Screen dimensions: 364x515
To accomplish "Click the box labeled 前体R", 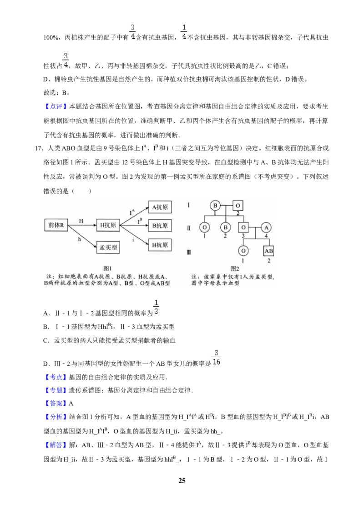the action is click(56, 225).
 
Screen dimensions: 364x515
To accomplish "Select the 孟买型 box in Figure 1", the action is click(108, 247).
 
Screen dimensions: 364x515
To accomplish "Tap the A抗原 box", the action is click(160, 207).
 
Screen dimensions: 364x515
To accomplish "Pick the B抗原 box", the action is click(160, 226).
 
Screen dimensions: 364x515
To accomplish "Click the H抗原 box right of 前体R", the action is click(108, 225).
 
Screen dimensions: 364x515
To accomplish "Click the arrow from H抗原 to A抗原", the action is click(134, 217).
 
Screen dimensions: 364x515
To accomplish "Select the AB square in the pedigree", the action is click(269, 251).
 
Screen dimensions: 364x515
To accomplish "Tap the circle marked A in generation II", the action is click(267, 227).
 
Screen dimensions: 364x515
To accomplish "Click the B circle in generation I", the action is click(215, 206).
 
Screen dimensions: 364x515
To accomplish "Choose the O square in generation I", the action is click(238, 206).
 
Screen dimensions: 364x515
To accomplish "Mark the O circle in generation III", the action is click(243, 251).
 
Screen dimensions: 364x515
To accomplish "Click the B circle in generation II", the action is click(225, 227).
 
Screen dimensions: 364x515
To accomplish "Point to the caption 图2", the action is click(235, 268).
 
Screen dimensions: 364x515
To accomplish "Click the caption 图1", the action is click(107, 268).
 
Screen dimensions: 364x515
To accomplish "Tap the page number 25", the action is click(182, 480).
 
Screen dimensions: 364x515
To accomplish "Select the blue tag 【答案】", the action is click(56, 404).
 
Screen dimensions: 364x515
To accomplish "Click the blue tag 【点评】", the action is click(56, 106).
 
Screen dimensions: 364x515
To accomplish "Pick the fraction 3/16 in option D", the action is click(216, 357).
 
